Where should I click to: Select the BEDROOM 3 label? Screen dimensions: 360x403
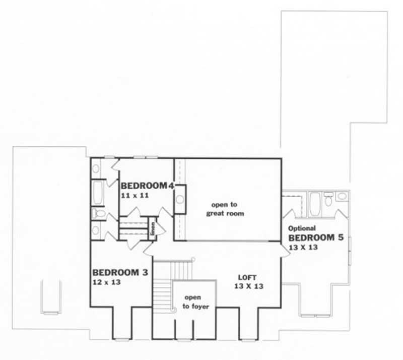pyautogui.click(x=119, y=273)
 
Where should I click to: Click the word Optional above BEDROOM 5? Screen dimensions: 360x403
pyautogui.click(x=302, y=228)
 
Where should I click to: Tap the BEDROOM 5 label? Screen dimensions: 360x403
pyautogui.click(x=316, y=237)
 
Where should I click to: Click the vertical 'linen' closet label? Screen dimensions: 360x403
pyautogui.click(x=152, y=228)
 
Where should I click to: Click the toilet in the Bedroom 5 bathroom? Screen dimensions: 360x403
pyautogui.click(x=329, y=200)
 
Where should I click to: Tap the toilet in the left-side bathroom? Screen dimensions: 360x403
pyautogui.click(x=98, y=214)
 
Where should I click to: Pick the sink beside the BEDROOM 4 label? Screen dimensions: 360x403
pyautogui.click(x=180, y=198)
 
